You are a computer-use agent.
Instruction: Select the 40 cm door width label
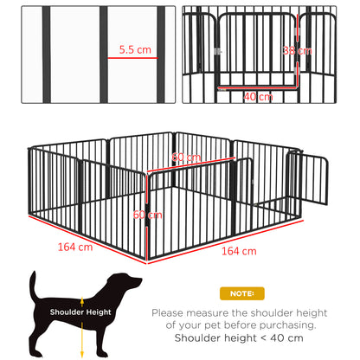(258, 96)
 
